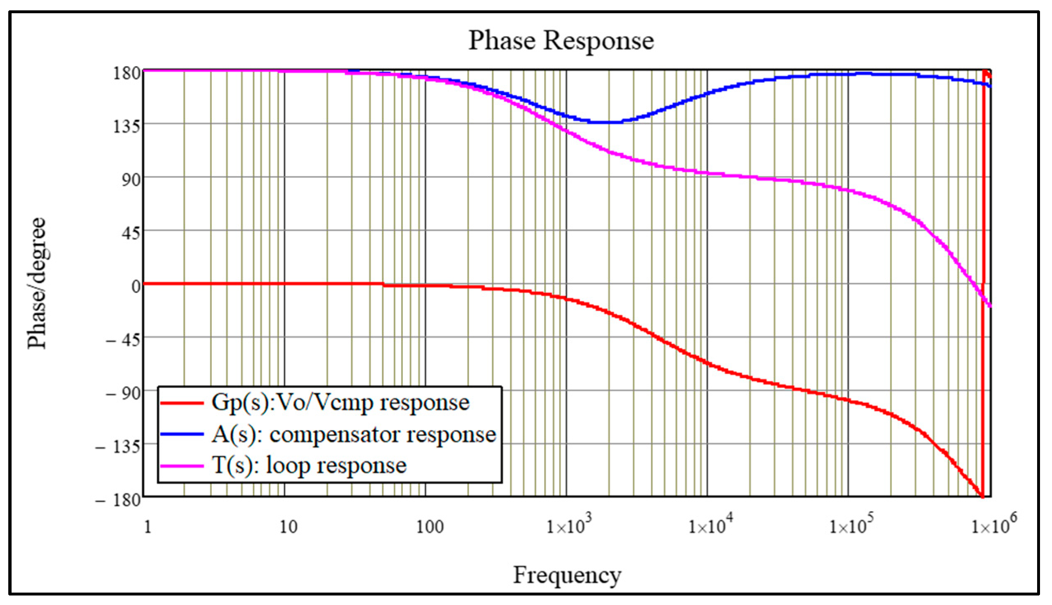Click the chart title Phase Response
click(561, 41)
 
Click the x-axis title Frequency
click(567, 575)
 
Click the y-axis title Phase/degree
click(36, 283)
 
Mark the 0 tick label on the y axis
click(136, 286)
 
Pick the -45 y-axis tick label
click(123, 340)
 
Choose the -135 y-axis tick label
click(118, 447)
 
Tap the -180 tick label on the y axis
click(118, 500)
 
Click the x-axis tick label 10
click(288, 527)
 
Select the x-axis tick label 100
click(430, 527)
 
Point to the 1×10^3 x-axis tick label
click(568, 524)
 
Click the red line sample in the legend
click(182, 403)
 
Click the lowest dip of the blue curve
click(603, 122)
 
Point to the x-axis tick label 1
click(148, 527)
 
